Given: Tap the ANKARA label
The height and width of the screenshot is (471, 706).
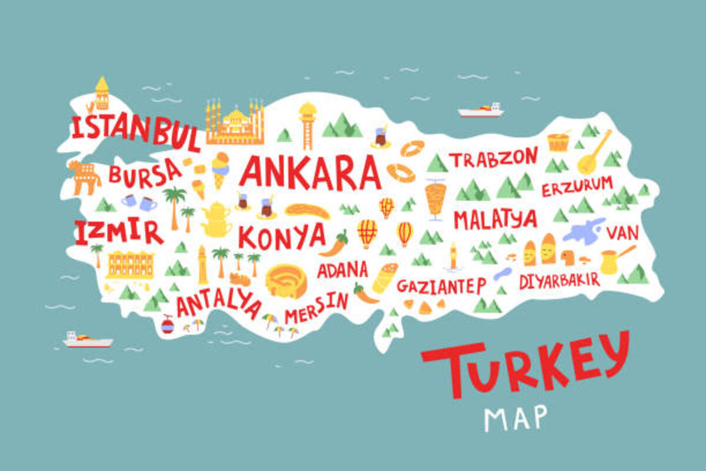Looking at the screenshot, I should tap(310, 171).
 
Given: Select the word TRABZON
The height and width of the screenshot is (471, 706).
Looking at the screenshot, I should tap(494, 158).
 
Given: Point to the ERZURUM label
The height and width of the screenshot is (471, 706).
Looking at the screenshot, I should tap(577, 186).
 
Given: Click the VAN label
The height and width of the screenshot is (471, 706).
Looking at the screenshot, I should tap(622, 233).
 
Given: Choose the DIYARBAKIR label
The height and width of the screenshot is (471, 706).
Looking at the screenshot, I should tap(559, 280).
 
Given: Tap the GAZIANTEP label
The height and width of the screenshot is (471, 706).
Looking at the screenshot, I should tap(441, 286).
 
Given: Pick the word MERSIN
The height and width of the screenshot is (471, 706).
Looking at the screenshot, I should tap(317, 307).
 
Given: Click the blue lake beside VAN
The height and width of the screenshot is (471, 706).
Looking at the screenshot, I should tap(582, 231).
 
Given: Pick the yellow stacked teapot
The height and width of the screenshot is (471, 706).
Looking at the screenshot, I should tap(216, 219).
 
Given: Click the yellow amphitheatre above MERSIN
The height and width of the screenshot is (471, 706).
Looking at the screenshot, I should tap(286, 281).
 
